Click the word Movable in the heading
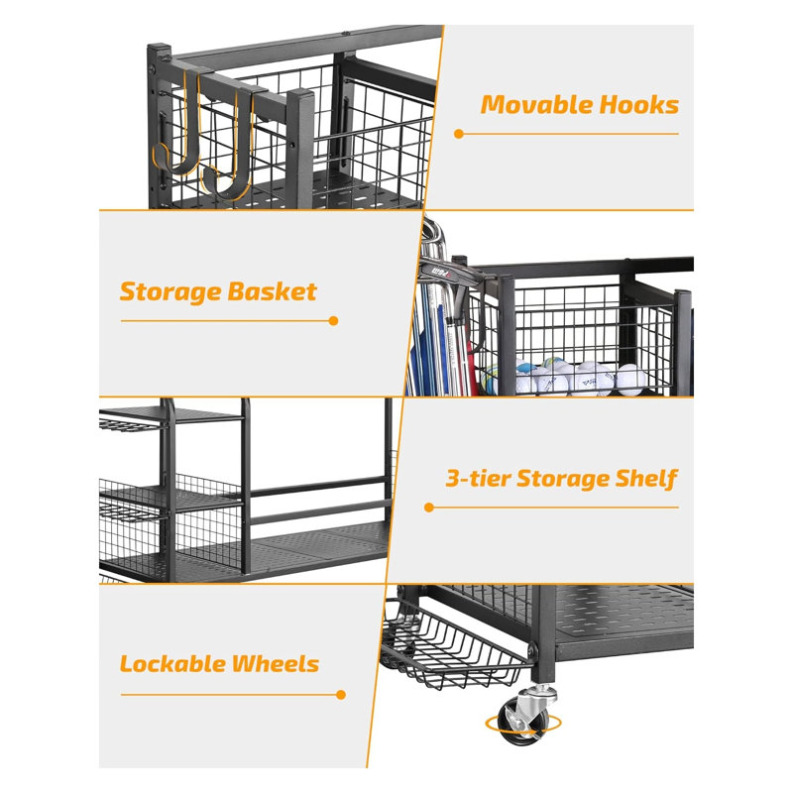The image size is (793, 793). tap(536, 105)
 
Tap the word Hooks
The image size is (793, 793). tap(638, 105)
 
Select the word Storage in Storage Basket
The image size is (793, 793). tap(170, 291)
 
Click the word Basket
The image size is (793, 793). tap(272, 291)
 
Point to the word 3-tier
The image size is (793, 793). tap(478, 479)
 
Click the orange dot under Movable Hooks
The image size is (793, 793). tap(459, 134)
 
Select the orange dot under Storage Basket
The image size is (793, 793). tap(333, 320)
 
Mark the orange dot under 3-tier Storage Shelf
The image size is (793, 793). tap(429, 508)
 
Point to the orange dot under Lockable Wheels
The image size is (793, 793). tap(341, 695)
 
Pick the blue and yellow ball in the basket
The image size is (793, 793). tap(492, 380)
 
